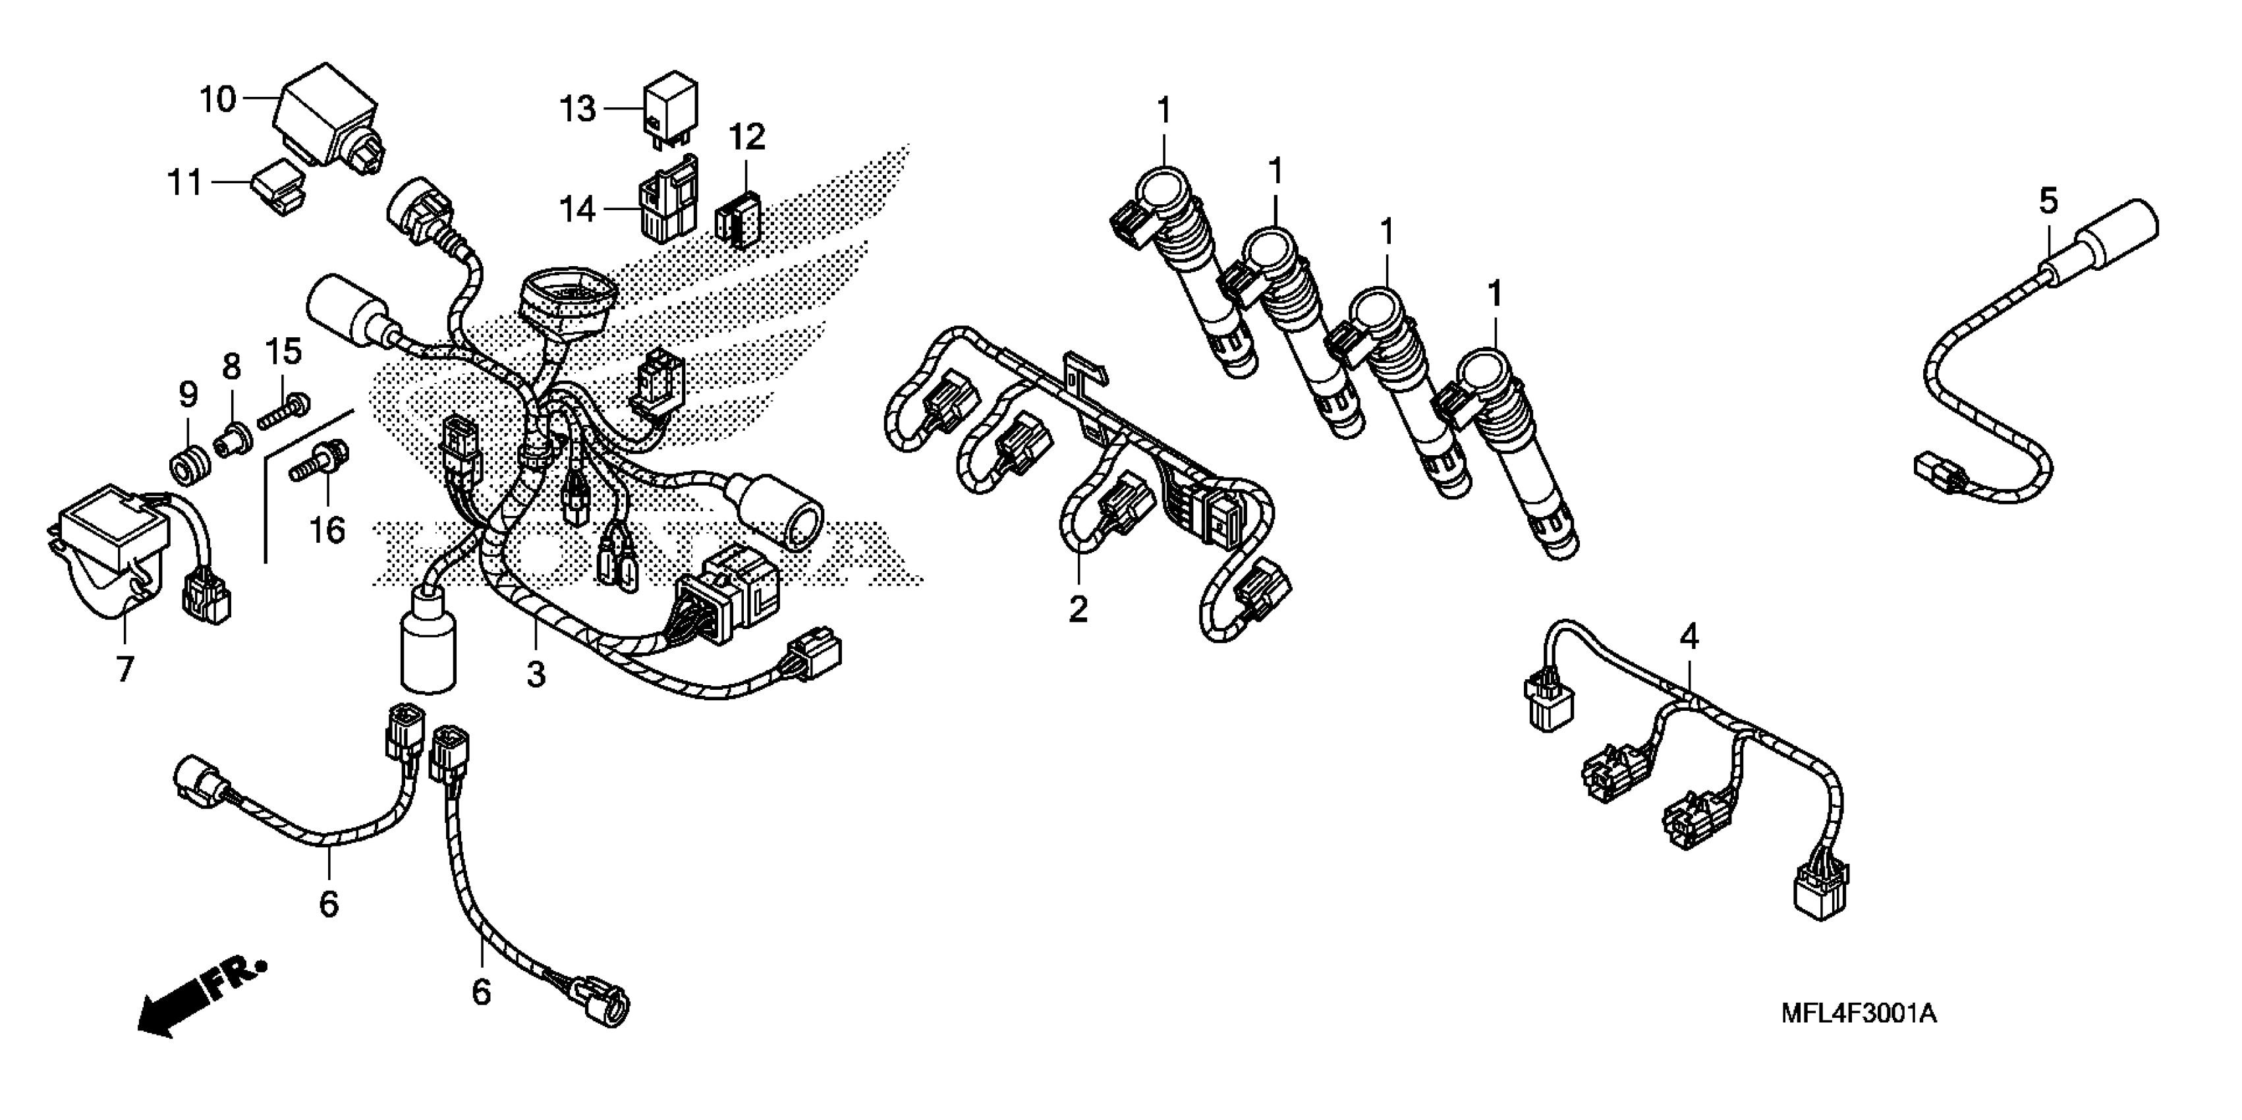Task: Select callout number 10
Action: [x=217, y=99]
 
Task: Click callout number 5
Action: [x=2049, y=201]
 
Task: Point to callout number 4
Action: [x=1689, y=637]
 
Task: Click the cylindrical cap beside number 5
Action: [x=2115, y=233]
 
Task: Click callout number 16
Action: [x=328, y=529]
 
